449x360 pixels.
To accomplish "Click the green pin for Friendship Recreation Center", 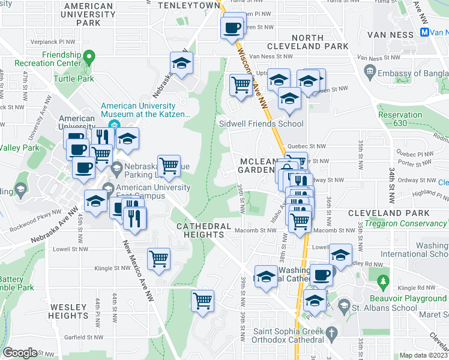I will [x=89, y=59].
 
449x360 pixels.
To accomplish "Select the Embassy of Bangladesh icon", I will [x=370, y=73].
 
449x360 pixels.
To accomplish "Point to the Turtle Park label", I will [x=73, y=79].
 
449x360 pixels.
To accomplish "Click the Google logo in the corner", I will [x=20, y=352].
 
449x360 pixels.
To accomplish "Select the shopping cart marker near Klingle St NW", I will [x=159, y=259].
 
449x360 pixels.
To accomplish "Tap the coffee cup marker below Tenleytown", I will [x=232, y=27].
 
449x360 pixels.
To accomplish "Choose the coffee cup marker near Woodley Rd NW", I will [x=321, y=274].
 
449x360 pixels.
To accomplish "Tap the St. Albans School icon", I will [x=344, y=307].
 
